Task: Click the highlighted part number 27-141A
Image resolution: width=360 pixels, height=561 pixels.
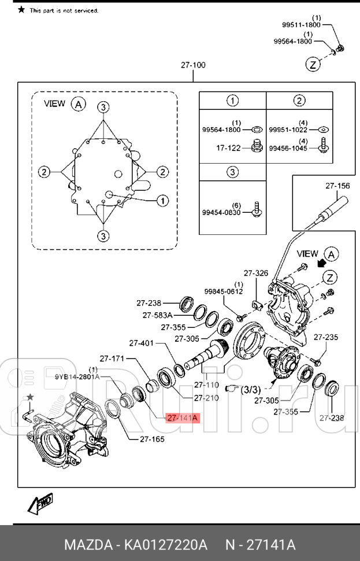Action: tap(182, 418)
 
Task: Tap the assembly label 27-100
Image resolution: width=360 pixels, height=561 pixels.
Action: tap(193, 65)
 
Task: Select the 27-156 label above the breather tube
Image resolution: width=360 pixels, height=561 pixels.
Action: tap(338, 186)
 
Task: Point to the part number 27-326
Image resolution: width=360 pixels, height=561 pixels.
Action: tap(255, 273)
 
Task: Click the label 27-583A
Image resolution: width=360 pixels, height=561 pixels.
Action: tap(158, 315)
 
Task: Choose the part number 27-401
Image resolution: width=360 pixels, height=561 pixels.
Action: tap(141, 343)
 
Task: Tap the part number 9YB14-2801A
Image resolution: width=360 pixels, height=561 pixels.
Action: tap(77, 377)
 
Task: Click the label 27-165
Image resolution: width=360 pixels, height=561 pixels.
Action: tap(152, 439)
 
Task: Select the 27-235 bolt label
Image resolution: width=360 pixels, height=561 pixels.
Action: tap(326, 337)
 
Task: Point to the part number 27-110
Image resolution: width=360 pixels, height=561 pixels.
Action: tap(206, 385)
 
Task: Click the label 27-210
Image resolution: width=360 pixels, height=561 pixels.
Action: tap(206, 398)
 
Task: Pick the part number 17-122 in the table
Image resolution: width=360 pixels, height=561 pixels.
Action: tap(229, 148)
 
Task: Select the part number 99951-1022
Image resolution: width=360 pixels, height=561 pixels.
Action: tap(288, 130)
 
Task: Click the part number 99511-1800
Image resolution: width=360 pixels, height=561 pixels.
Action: tap(301, 25)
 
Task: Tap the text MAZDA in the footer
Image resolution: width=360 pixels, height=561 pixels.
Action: tap(87, 545)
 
